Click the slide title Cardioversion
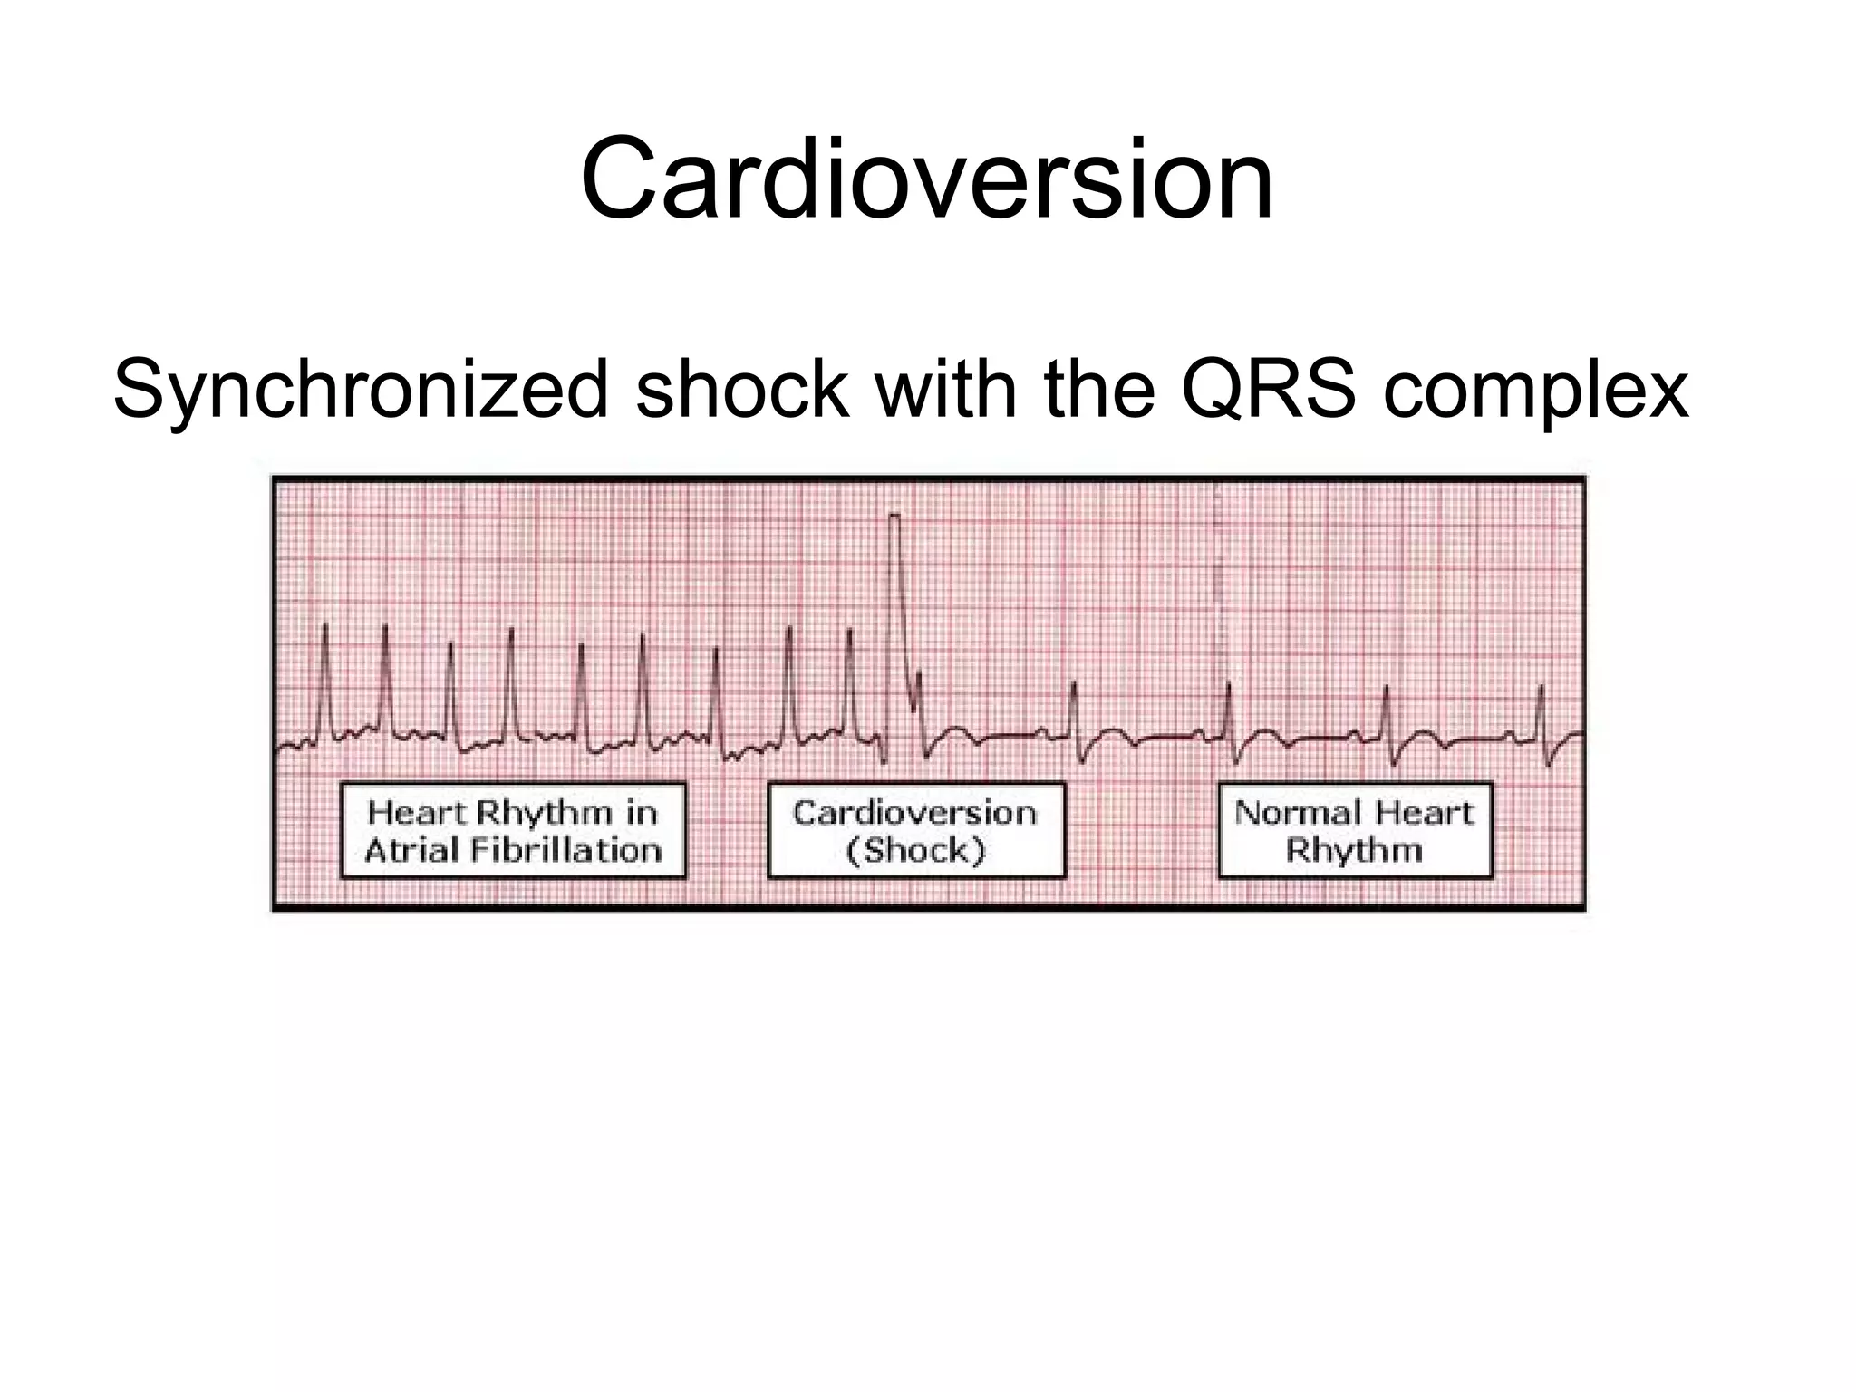tap(927, 179)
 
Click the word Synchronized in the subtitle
tap(361, 391)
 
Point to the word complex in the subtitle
tap(1535, 392)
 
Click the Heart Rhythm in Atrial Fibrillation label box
tap(513, 831)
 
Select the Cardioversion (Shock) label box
tap(915, 831)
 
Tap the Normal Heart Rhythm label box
tap(1355, 831)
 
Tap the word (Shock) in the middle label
tap(915, 851)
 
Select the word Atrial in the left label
tap(405, 851)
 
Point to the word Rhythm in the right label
tap(1355, 851)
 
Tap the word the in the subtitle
tap(1099, 391)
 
